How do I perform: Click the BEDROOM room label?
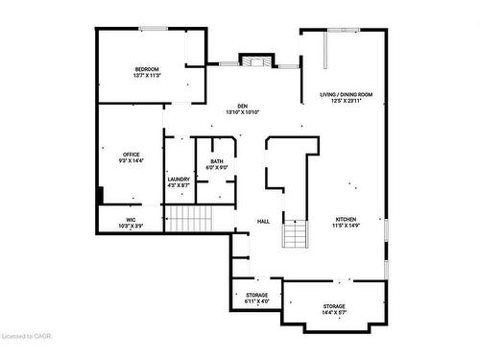147,68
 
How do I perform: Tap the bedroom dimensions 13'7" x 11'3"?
147,75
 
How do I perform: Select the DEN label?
243,106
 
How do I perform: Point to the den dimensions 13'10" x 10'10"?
243,112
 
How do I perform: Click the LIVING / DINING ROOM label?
346,94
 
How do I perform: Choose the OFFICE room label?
132,154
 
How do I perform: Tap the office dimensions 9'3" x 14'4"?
132,160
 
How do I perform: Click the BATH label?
217,160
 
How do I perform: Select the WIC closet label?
130,220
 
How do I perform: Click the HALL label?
262,222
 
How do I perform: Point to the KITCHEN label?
346,218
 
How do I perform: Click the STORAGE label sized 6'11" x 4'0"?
256,295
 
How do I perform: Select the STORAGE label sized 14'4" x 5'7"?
335,306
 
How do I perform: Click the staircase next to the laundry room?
191,220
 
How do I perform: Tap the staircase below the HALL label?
296,233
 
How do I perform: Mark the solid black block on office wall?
100,195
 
